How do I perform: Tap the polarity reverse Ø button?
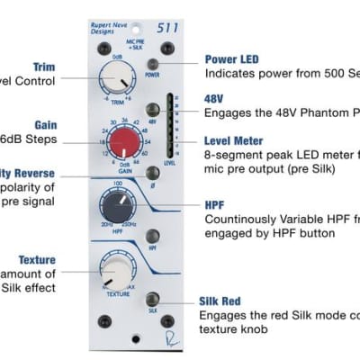click(x=152, y=170)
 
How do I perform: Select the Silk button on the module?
click(x=152, y=301)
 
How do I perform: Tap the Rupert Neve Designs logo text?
click(x=108, y=31)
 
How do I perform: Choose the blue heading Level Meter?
click(x=237, y=141)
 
